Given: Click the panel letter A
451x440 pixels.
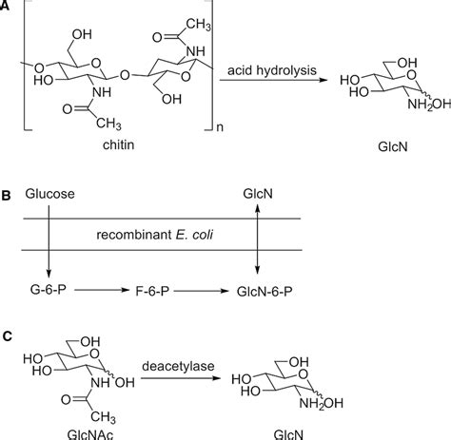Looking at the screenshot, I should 8,8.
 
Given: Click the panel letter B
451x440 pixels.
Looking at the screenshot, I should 8,197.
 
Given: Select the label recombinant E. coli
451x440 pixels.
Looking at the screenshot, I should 159,234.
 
